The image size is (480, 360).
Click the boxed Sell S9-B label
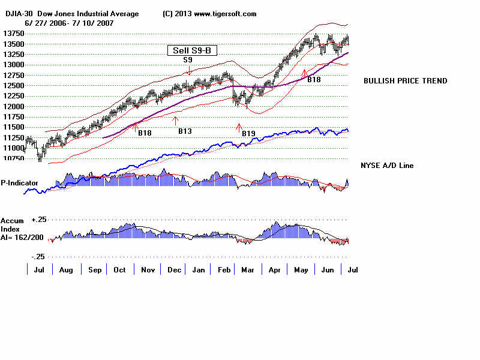coord(188,51)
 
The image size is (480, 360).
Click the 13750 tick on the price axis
coord(13,34)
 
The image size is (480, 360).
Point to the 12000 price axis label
coord(13,107)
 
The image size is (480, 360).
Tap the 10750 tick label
coord(13,158)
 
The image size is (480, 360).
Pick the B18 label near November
coord(145,133)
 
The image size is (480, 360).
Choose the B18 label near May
coord(314,79)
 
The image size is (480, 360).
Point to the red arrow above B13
coord(176,120)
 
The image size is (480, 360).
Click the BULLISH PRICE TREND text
coord(405,81)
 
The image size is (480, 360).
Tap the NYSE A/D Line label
coord(386,166)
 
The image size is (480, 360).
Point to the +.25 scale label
coord(39,220)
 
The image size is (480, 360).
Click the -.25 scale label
coord(38,256)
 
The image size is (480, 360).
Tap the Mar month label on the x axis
coord(247,271)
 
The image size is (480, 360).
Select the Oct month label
coord(119,271)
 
